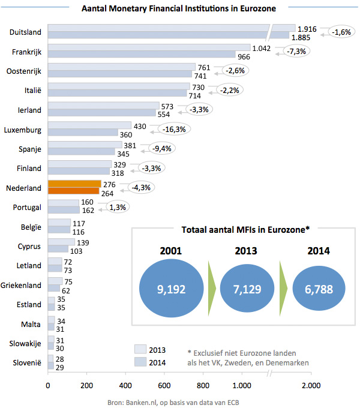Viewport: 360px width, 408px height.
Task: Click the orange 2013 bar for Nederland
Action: (x=74, y=184)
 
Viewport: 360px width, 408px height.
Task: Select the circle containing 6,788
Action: (x=319, y=289)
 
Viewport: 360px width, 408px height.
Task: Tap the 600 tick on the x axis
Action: (x=164, y=385)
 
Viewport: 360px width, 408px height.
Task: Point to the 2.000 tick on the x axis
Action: (x=310, y=385)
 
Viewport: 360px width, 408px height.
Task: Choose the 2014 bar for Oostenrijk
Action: (x=119, y=74)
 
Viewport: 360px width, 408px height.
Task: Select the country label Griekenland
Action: (x=21, y=284)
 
